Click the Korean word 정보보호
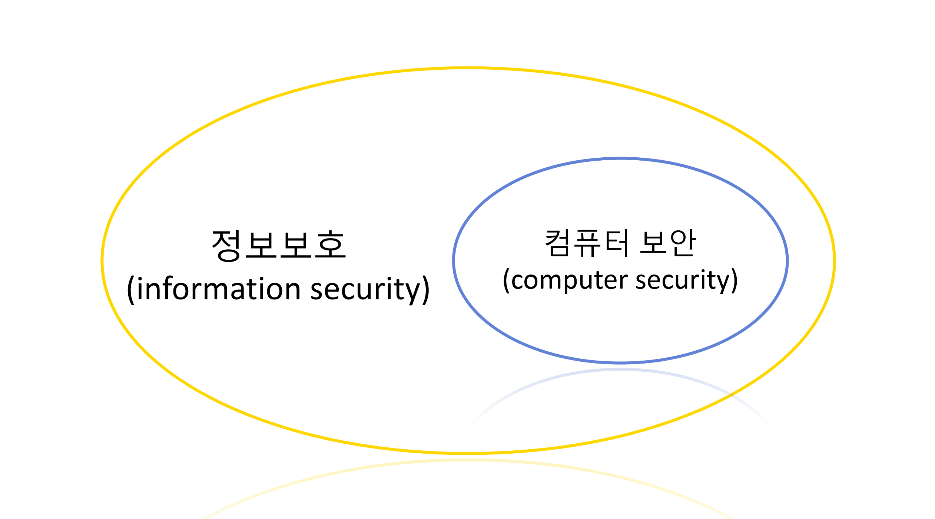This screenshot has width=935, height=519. pyautogui.click(x=279, y=245)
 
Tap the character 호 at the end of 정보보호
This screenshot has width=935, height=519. pyautogui.click(x=330, y=245)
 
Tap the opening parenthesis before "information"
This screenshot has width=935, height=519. pyautogui.click(x=130, y=290)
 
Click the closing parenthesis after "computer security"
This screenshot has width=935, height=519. pyautogui.click(x=734, y=280)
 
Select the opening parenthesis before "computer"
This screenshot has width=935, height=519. pyautogui.click(x=506, y=280)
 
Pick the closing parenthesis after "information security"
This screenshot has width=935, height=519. pyautogui.click(x=426, y=290)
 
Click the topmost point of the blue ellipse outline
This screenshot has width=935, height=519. pyautogui.click(x=620, y=158)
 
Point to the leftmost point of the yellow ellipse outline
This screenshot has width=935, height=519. pyautogui.click(x=102, y=261)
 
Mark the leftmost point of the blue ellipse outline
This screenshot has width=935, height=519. pyautogui.click(x=453, y=261)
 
